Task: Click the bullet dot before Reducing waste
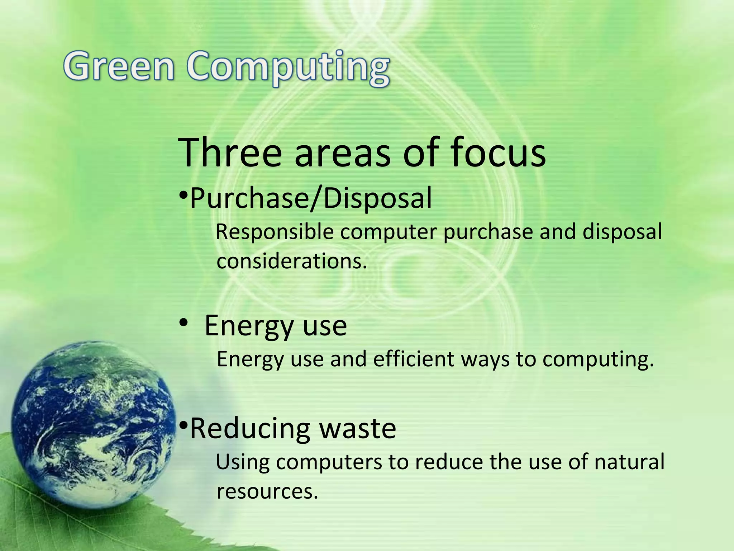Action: [x=183, y=426]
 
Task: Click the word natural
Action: [x=629, y=462]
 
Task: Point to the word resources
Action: [x=267, y=491]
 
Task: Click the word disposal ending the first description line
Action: [x=622, y=232]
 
